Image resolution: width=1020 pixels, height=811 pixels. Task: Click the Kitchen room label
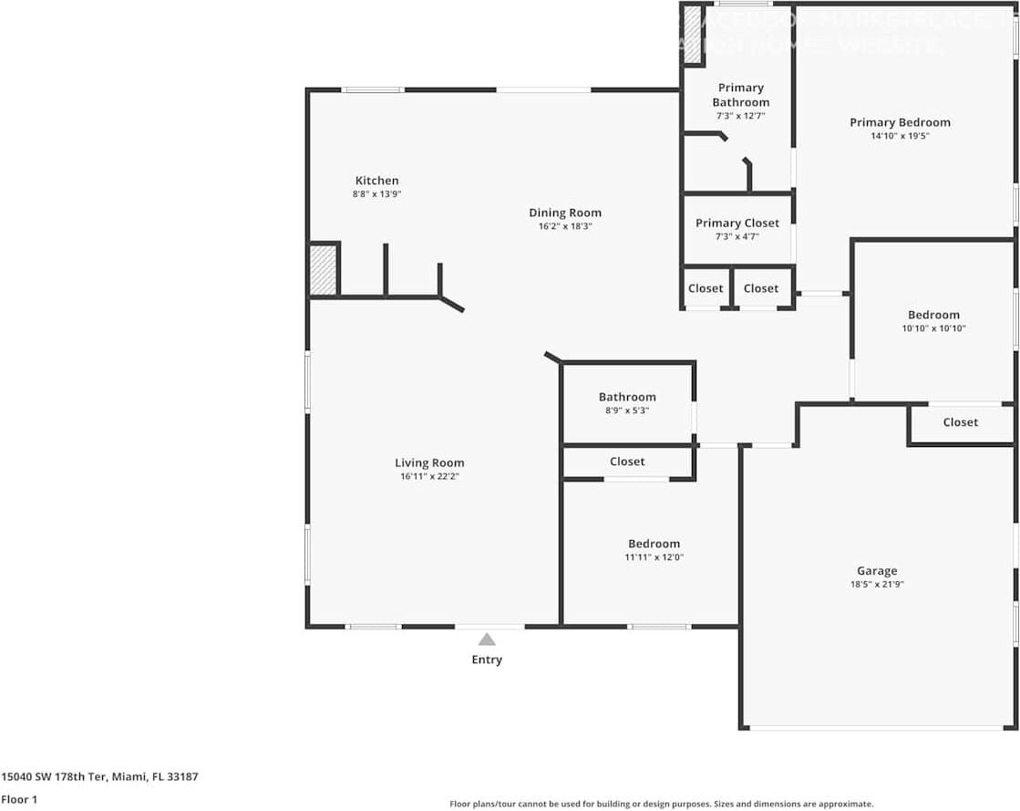(376, 181)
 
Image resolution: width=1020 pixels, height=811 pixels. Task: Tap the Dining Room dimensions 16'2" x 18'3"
(565, 226)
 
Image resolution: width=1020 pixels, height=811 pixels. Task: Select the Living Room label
(429, 463)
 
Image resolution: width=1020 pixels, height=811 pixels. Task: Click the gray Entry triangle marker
(487, 639)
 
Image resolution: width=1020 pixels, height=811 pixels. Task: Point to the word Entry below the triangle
(487, 660)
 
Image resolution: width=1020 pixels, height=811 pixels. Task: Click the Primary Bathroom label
(740, 95)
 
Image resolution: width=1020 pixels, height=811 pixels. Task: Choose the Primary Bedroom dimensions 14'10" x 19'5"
(900, 136)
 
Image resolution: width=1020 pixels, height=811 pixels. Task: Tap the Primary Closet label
(737, 223)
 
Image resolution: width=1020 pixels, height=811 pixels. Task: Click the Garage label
(876, 571)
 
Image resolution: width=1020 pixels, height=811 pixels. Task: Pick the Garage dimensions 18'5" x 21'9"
(876, 585)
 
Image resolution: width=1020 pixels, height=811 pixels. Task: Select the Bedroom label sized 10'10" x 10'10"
(933, 315)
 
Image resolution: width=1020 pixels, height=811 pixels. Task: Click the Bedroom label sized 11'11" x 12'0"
(654, 544)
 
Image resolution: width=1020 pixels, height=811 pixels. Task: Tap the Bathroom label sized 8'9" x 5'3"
(627, 397)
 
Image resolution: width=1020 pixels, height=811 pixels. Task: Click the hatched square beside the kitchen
(323, 270)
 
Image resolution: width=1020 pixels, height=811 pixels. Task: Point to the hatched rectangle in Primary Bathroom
(693, 35)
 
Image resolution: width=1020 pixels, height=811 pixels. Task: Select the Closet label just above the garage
(960, 421)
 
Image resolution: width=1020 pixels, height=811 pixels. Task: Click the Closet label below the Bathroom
(627, 462)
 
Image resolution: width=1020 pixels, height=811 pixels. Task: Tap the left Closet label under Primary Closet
(706, 288)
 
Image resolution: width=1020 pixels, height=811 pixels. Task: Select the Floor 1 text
(18, 799)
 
